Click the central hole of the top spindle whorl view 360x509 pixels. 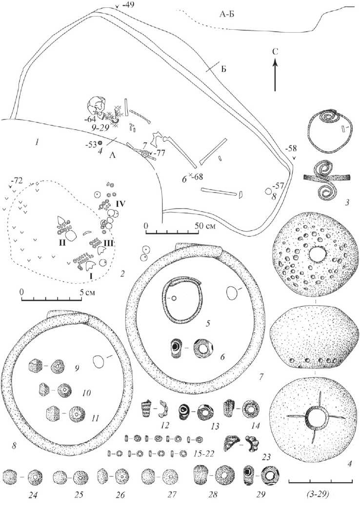tap(317, 254)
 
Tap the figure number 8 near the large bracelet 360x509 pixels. tap(14, 446)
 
